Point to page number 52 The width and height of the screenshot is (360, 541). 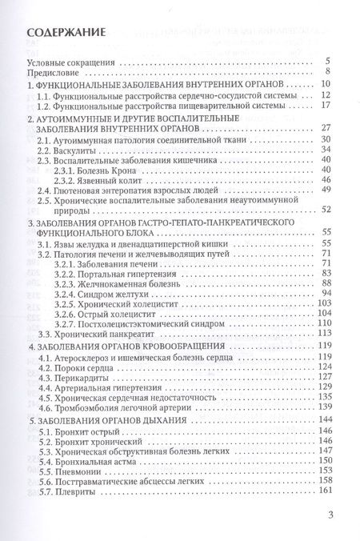tap(326, 209)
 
